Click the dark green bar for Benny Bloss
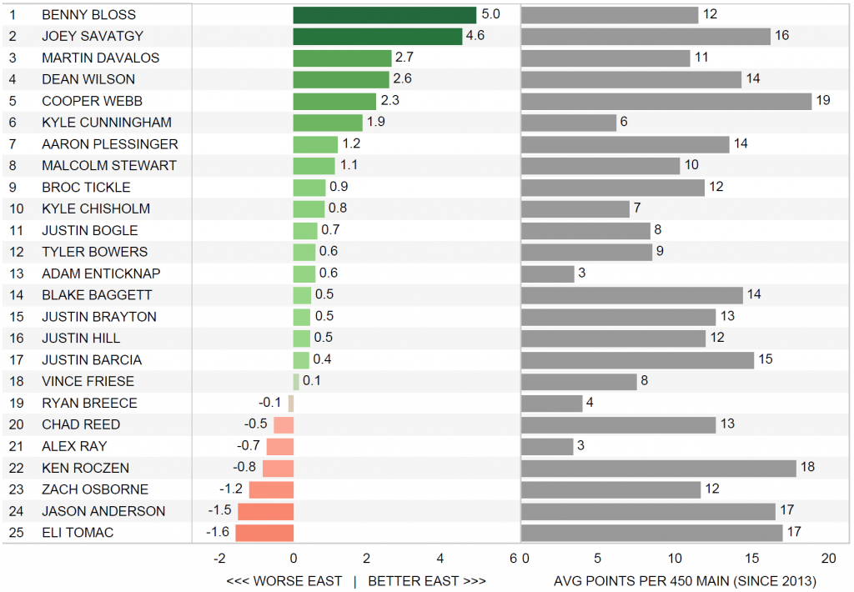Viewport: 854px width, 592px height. tap(384, 15)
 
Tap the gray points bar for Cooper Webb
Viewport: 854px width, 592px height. tap(666, 101)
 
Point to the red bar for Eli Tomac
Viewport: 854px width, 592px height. tap(264, 532)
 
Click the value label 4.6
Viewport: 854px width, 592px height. tap(475, 36)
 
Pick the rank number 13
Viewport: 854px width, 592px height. tap(13, 273)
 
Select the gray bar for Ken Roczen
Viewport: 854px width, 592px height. tap(659, 468)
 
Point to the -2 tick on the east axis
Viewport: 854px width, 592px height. tap(219, 558)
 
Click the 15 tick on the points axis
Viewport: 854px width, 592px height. tap(752, 558)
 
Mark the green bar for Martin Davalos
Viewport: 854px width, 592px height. tap(342, 58)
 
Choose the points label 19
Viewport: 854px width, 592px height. tap(823, 101)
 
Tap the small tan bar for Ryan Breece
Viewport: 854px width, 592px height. tap(291, 403)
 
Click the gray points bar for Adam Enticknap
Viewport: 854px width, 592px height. tap(548, 273)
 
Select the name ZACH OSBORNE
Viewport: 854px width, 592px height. tap(95, 489)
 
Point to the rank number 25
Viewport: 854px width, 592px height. tap(13, 532)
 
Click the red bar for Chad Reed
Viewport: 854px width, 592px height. tap(284, 424)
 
